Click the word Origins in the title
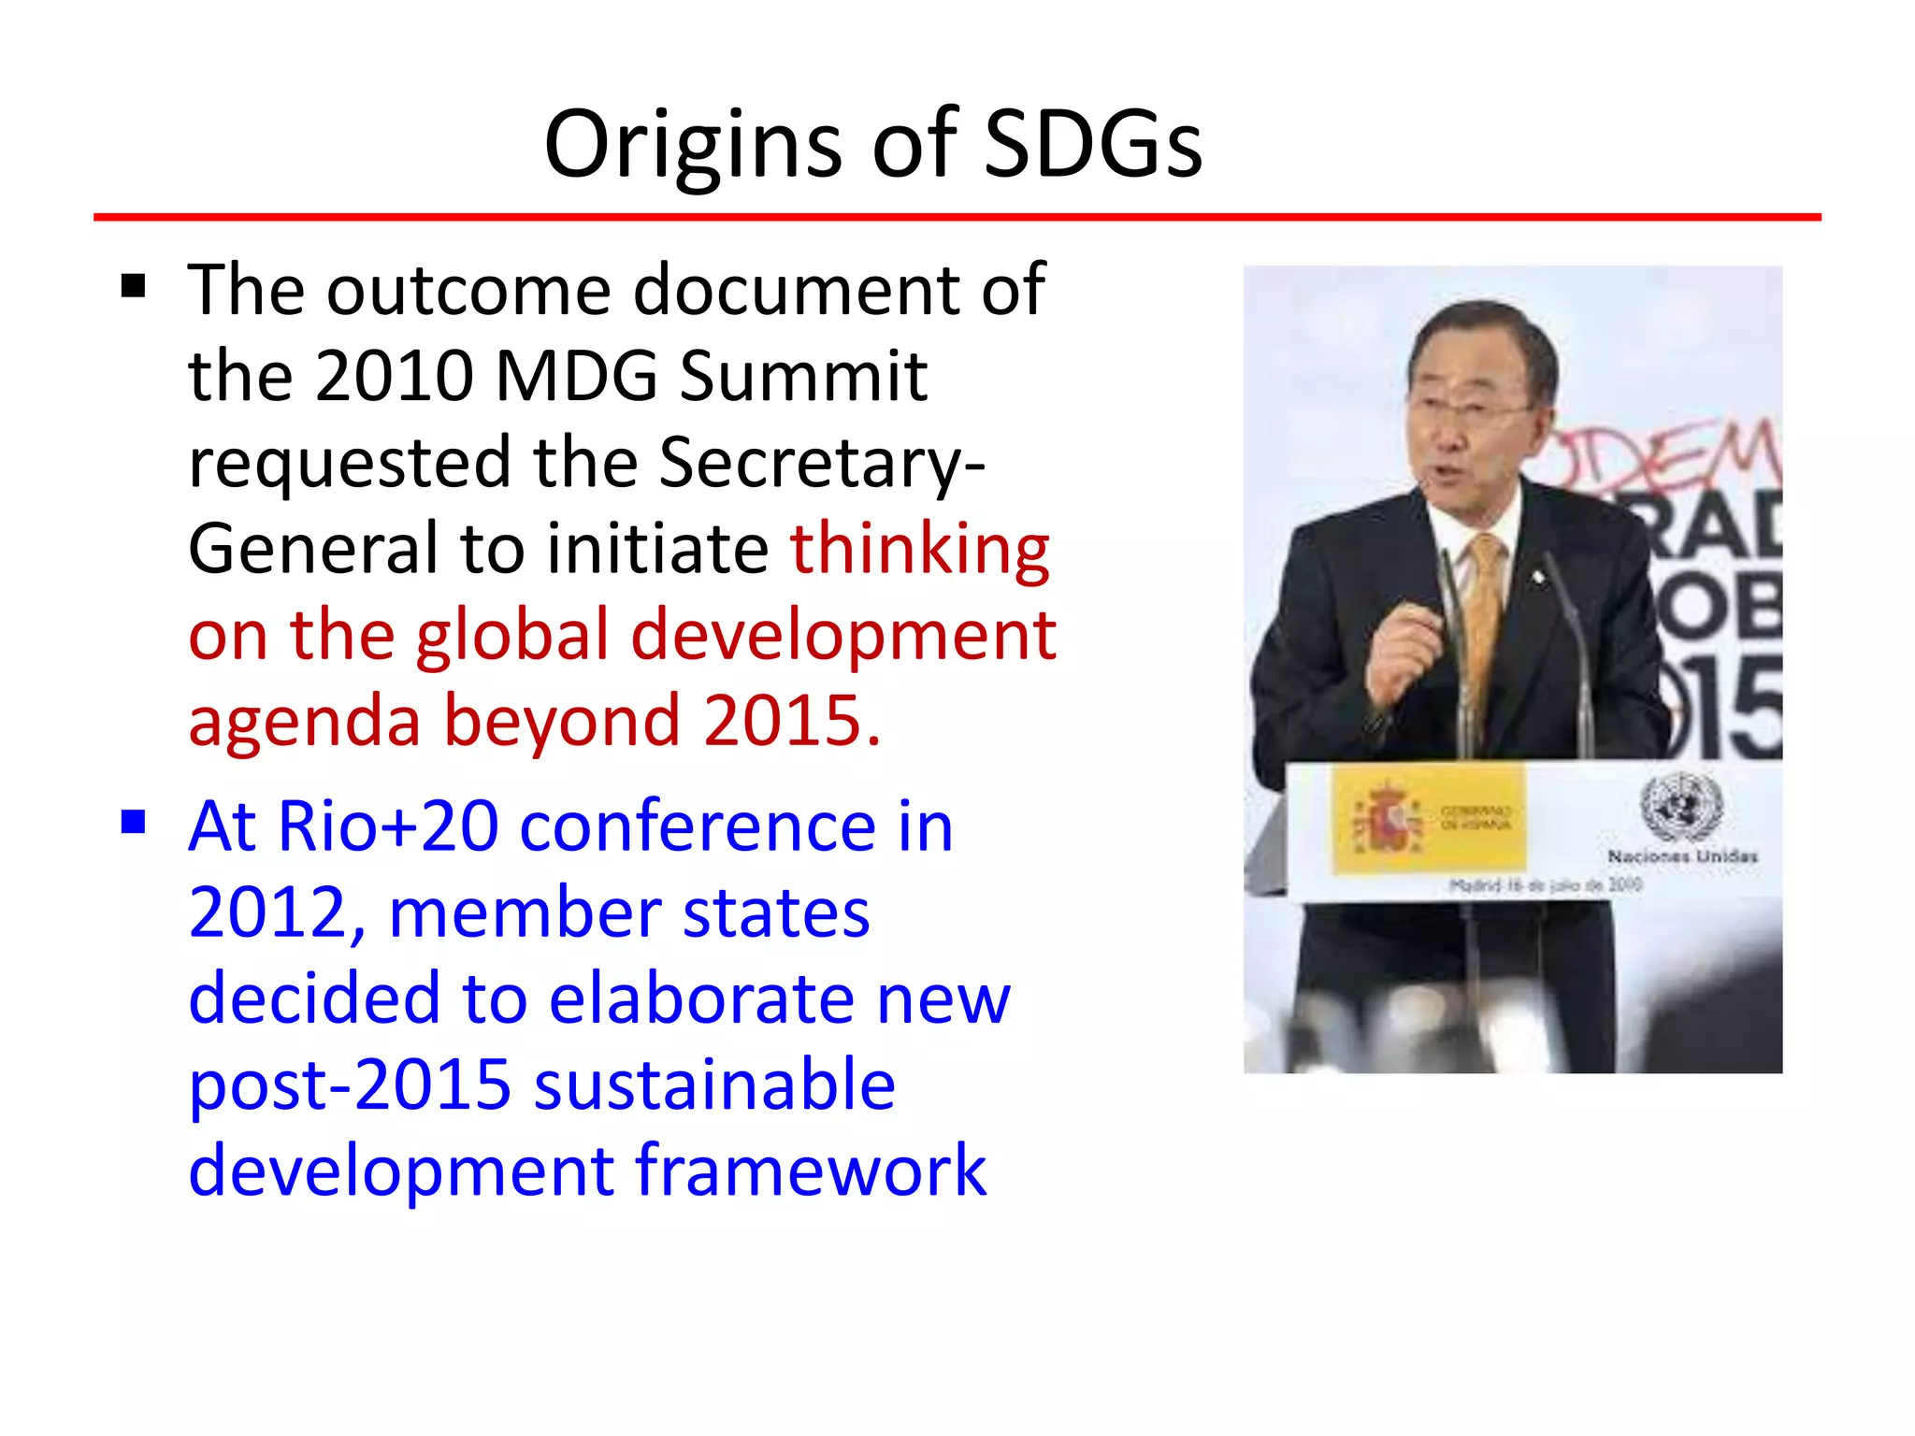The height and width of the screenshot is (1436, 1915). (692, 145)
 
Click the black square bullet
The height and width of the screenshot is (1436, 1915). (134, 286)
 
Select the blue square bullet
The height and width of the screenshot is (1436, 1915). (134, 822)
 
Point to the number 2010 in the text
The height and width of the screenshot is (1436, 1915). (395, 376)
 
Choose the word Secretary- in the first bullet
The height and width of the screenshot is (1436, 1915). (822, 462)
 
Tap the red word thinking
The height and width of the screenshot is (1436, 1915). (920, 549)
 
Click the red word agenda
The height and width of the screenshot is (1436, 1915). (305, 721)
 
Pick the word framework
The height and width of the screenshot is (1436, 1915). (811, 1170)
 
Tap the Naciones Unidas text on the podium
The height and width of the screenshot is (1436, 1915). (1682, 855)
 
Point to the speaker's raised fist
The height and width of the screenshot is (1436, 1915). (1407, 654)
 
